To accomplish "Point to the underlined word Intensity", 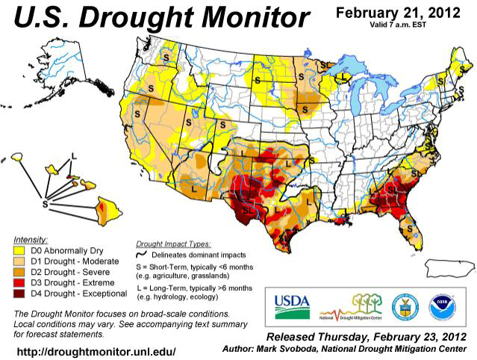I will click(31, 240).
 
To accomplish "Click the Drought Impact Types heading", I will click(173, 243).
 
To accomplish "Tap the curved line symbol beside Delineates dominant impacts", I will click(146, 255).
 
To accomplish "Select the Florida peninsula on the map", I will click(408, 223).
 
